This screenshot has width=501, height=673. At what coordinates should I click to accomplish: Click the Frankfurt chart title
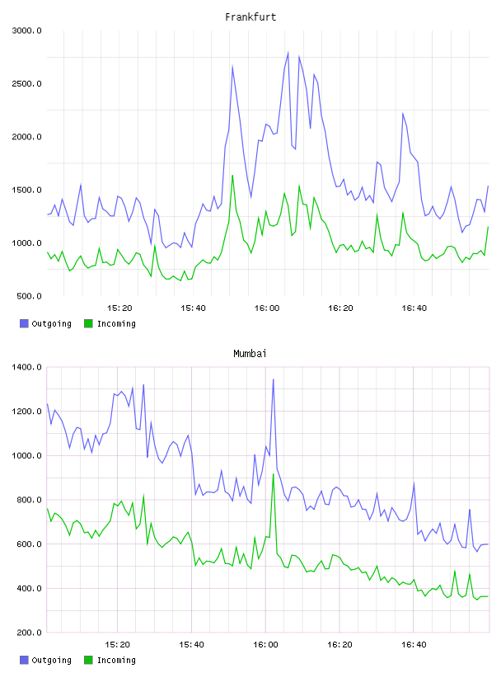point(250,17)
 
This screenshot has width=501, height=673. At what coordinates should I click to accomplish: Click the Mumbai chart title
point(250,354)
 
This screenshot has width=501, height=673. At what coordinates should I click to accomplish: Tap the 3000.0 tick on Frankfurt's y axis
point(26,31)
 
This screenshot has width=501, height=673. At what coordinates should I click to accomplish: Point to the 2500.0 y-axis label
point(26,83)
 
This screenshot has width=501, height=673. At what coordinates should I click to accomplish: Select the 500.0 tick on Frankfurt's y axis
point(29,296)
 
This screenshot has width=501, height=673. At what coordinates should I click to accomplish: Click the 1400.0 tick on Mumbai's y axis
point(26,367)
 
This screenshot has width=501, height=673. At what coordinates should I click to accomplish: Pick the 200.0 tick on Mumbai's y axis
point(29,633)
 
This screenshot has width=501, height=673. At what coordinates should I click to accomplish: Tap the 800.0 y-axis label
point(29,500)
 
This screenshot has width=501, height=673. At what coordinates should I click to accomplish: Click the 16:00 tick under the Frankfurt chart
point(267,308)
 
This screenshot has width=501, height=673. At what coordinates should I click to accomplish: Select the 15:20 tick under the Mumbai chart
point(117,645)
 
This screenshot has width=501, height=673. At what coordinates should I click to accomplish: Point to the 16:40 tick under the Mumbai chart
point(414,645)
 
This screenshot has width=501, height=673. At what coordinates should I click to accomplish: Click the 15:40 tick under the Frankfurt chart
point(193,308)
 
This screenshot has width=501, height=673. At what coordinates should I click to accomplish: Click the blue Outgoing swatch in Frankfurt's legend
point(24,323)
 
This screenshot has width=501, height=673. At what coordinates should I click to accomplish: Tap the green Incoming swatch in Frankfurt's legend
point(88,323)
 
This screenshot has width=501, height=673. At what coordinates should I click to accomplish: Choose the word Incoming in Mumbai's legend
point(116,661)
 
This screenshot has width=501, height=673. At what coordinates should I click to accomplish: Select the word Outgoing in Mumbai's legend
point(51,661)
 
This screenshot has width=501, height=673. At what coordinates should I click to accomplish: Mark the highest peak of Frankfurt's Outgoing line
point(288,52)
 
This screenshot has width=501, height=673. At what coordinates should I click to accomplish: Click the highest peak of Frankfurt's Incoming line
point(232,175)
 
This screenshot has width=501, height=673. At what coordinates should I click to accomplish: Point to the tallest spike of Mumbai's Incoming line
point(274,474)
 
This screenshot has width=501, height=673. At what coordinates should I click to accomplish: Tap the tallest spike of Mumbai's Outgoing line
point(274,379)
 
